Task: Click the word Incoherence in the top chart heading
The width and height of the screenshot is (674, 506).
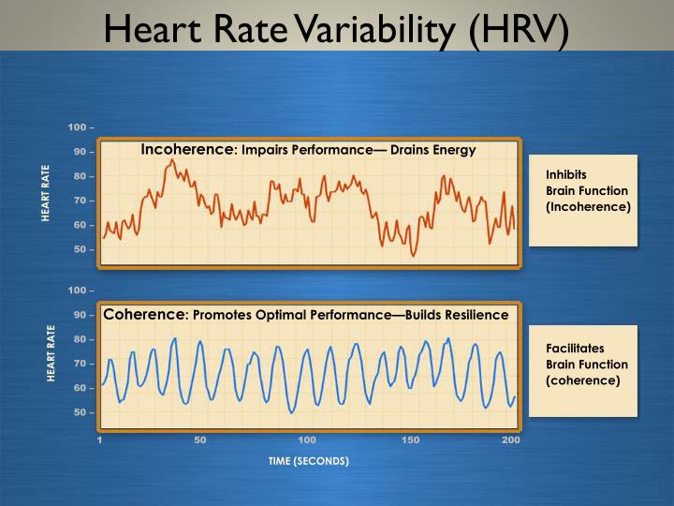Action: tap(185, 149)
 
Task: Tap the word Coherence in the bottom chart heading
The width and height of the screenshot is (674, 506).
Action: tap(144, 314)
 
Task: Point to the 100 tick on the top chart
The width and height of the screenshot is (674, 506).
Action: tap(79, 127)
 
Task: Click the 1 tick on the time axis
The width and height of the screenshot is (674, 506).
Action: tap(100, 440)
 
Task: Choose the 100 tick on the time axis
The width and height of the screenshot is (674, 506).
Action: tap(307, 440)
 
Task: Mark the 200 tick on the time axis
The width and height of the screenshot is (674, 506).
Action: tap(511, 440)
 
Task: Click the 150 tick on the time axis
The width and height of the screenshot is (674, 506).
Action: tap(410, 440)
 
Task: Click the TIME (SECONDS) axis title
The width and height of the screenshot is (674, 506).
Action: tap(308, 461)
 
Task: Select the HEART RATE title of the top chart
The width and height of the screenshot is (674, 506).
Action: tap(45, 193)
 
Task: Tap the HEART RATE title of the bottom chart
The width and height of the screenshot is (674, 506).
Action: tap(52, 353)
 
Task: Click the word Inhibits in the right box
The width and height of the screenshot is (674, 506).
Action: tap(564, 173)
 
